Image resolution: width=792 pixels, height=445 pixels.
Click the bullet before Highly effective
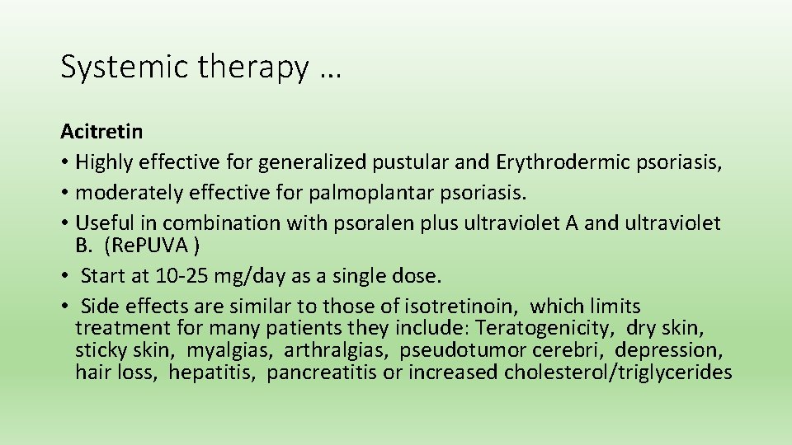(x=64, y=163)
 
